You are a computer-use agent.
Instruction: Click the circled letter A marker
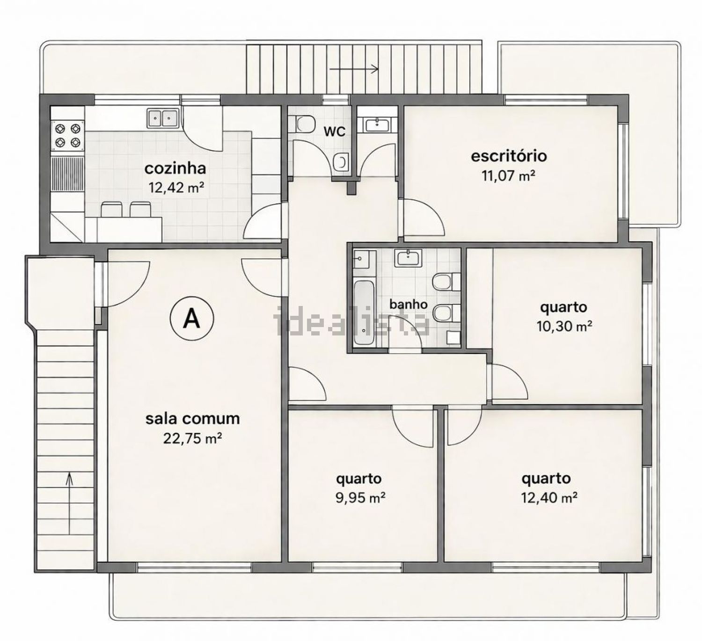(x=191, y=318)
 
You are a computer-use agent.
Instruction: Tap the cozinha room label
(x=175, y=168)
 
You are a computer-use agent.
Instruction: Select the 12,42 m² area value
(x=176, y=188)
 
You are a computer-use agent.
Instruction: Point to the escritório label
(x=509, y=156)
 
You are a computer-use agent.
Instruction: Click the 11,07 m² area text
(x=509, y=175)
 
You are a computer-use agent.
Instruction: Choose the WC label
(x=335, y=132)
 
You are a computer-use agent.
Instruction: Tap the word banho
(x=409, y=304)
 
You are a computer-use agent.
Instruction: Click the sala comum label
(x=192, y=418)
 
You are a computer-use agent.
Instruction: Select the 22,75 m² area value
(x=192, y=438)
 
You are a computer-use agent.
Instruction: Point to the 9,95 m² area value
(x=360, y=497)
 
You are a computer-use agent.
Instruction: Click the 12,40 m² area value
(x=549, y=497)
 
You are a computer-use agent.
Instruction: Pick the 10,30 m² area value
(x=564, y=327)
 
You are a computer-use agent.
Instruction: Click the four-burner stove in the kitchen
(x=68, y=136)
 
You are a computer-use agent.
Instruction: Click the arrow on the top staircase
(x=354, y=69)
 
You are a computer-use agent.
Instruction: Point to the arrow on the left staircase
(x=69, y=503)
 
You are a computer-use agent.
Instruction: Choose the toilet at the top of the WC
(x=304, y=124)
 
